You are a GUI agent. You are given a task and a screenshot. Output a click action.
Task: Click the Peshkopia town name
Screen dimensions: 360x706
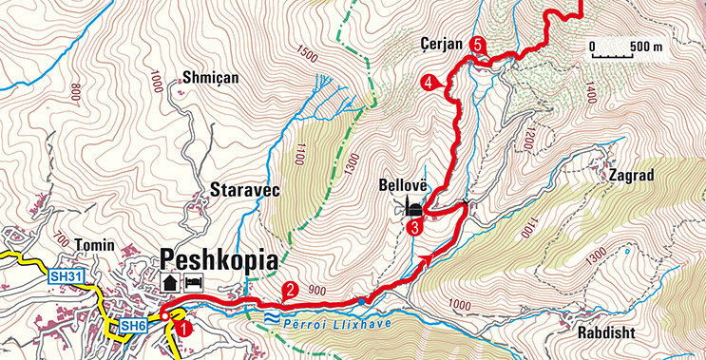pos(222,259)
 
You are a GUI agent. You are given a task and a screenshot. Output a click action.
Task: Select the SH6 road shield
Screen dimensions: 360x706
pos(131,327)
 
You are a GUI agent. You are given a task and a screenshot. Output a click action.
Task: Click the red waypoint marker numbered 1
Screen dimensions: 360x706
pos(184,328)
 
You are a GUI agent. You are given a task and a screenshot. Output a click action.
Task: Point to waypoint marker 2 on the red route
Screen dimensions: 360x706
pos(290,292)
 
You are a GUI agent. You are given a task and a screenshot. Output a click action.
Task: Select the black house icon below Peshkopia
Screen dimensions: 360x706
pos(170,282)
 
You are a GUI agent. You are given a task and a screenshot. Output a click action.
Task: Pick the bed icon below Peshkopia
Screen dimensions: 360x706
pos(193,282)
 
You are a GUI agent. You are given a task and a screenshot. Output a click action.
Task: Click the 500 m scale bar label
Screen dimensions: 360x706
pos(645,46)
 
